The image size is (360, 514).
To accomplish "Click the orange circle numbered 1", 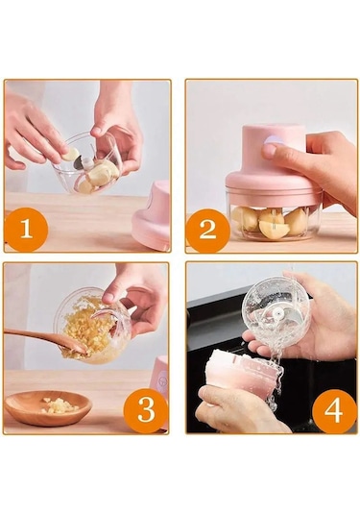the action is tap(27, 229).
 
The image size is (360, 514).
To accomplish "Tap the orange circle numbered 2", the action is tap(207, 229).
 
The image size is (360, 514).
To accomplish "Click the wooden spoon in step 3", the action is tap(46, 341).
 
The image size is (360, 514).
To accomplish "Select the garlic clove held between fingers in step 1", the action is tap(71, 154).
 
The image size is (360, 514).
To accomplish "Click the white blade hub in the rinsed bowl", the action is tap(278, 315).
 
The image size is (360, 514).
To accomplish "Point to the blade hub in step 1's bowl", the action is tap(86, 163).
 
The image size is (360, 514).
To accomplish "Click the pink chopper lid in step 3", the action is tap(161, 377).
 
